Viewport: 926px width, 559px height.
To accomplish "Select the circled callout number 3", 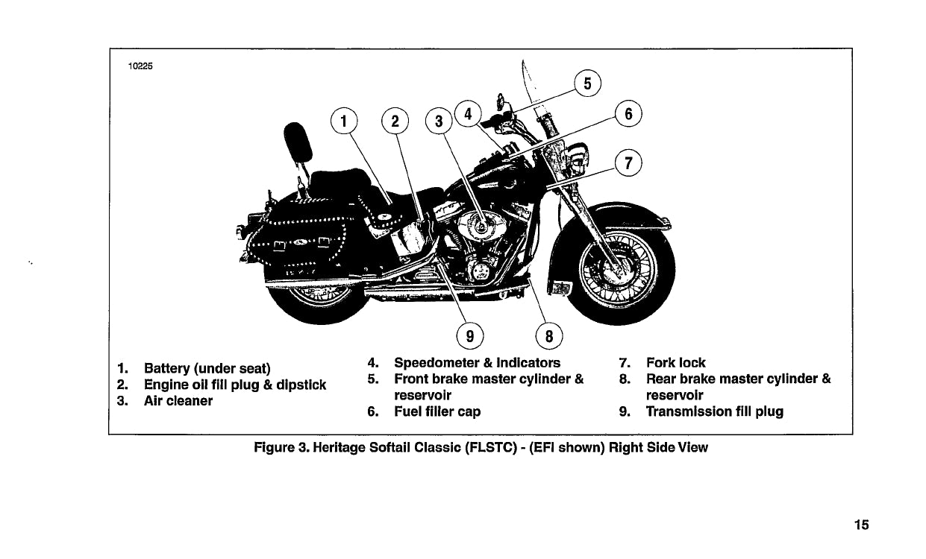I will click(439, 121).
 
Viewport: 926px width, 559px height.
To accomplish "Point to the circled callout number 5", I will click(587, 83).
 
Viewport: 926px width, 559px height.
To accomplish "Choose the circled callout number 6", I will click(628, 114).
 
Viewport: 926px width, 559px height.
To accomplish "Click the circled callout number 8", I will click(548, 335).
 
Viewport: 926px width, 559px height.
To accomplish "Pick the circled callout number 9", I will click(469, 335).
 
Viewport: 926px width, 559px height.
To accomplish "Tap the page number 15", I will click(862, 525).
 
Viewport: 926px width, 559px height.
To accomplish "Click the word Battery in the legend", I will click(166, 368).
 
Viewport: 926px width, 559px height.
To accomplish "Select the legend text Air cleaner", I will click(178, 401).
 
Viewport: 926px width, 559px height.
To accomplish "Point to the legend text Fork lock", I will click(675, 363).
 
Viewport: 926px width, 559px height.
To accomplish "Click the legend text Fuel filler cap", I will click(437, 411).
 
